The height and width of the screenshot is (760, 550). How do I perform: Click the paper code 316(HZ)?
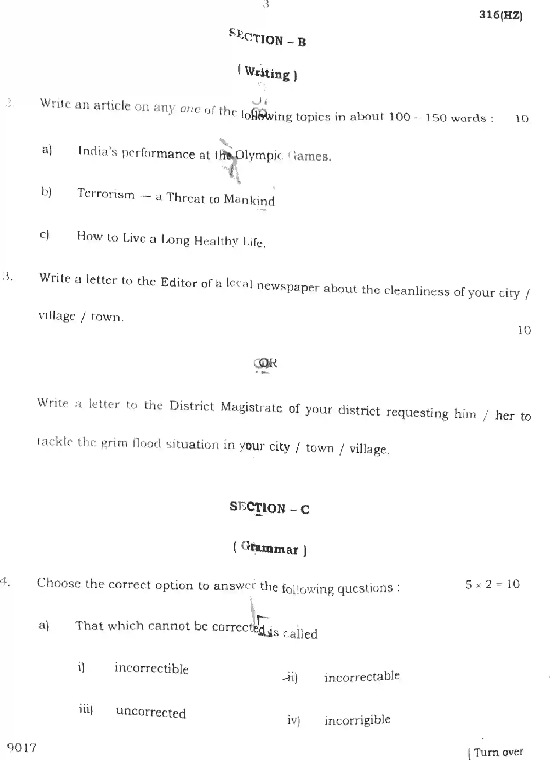tap(500, 15)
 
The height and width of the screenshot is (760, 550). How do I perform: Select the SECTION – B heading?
tap(267, 38)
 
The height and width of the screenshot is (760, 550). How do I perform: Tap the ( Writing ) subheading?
tap(267, 73)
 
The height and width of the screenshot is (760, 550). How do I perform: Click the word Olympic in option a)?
tap(259, 156)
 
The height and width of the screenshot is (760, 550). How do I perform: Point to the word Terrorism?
tap(106, 194)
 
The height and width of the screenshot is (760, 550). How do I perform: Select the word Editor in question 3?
tap(179, 282)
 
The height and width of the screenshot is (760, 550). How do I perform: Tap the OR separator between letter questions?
tap(266, 363)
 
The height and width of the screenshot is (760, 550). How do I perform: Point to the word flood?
tap(146, 443)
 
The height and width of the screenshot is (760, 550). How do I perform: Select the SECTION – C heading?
tap(269, 508)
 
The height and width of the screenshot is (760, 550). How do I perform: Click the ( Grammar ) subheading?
tap(270, 549)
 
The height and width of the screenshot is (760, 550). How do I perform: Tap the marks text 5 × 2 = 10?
tap(492, 584)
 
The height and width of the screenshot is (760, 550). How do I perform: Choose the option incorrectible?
tap(151, 668)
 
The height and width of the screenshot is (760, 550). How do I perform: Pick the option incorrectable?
tap(362, 677)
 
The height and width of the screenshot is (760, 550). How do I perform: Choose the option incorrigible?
tap(357, 720)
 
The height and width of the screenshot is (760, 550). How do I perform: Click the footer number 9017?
tap(22, 748)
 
